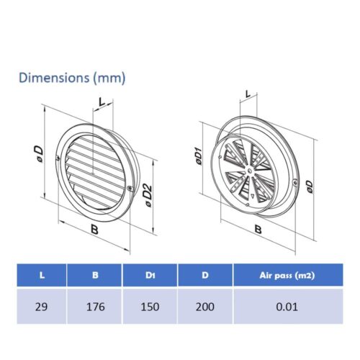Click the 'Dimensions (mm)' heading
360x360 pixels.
72,78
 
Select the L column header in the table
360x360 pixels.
42,275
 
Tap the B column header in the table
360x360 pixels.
95,275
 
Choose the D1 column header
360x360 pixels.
150,275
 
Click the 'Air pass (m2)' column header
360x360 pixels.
287,275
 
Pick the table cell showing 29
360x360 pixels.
41,307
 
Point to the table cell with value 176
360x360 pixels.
95,307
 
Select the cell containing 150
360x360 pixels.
150,307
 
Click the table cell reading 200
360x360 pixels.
205,307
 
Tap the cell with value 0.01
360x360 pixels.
287,307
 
